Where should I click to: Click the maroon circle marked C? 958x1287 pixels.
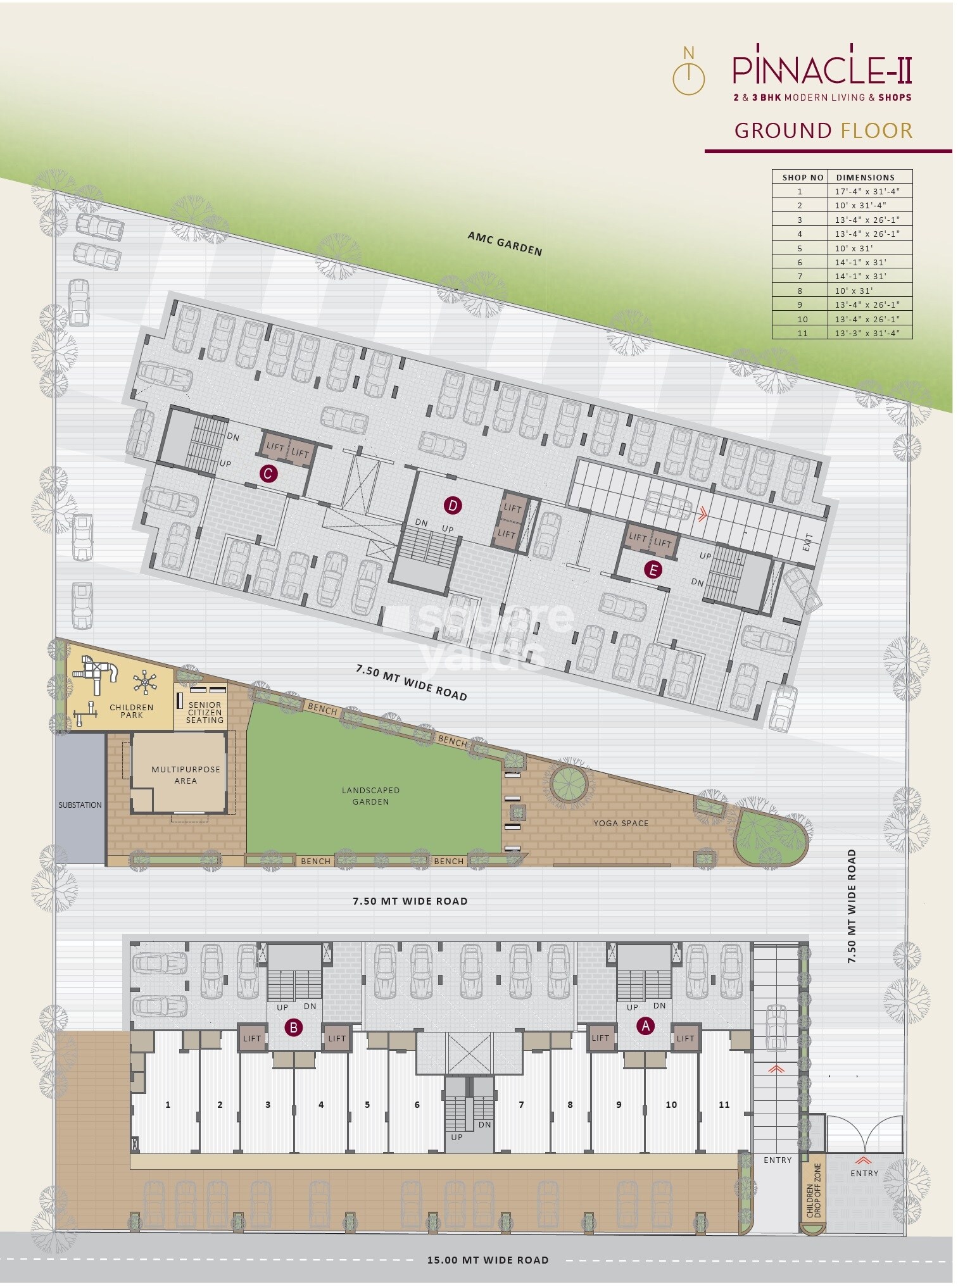pyautogui.click(x=268, y=474)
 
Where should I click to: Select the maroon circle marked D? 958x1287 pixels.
pyautogui.click(x=452, y=505)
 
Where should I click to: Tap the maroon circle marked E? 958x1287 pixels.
pyautogui.click(x=652, y=570)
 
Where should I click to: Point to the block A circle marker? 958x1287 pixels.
pyautogui.click(x=645, y=1026)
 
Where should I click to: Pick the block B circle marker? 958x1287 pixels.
pyautogui.click(x=293, y=1027)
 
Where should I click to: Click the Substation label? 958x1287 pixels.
pyautogui.click(x=80, y=805)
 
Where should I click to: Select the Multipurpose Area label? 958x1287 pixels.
pyautogui.click(x=186, y=775)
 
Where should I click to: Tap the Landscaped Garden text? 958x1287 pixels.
pyautogui.click(x=370, y=796)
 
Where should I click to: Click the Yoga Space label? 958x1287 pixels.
pyautogui.click(x=621, y=823)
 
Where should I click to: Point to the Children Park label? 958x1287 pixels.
pyautogui.click(x=131, y=711)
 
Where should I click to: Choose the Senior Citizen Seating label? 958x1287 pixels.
pyautogui.click(x=205, y=712)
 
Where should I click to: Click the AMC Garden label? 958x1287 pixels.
pyautogui.click(x=505, y=244)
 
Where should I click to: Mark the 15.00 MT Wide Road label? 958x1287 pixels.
pyautogui.click(x=488, y=1260)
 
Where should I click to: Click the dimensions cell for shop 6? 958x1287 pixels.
pyautogui.click(x=869, y=262)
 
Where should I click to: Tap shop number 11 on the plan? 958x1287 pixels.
pyautogui.click(x=724, y=1105)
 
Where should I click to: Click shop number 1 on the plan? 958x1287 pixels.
pyautogui.click(x=168, y=1105)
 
